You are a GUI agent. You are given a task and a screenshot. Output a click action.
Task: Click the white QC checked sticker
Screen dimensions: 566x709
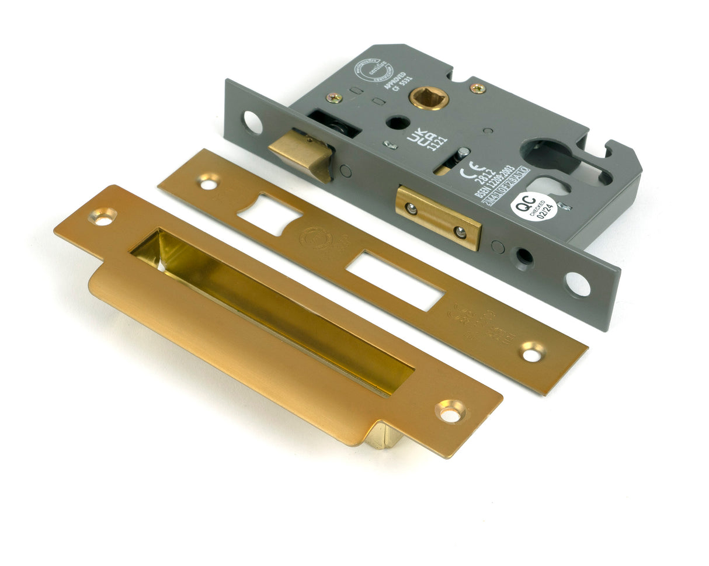click(x=533, y=206)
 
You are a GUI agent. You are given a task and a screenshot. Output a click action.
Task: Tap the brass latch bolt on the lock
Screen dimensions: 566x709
click(x=301, y=153)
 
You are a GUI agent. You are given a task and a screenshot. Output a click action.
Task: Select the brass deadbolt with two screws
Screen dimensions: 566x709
click(x=438, y=217)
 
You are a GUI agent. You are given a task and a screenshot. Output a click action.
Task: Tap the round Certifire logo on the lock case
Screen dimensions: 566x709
click(x=367, y=71)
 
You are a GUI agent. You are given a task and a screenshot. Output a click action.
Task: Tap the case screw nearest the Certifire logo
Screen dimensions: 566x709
click(x=334, y=98)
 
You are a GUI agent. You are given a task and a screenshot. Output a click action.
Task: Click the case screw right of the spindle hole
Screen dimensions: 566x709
click(x=477, y=88)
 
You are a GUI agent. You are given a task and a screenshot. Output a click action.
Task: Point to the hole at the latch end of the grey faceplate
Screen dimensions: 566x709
click(x=253, y=123)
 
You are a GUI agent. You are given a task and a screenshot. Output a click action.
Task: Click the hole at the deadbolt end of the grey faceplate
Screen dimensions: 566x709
click(x=577, y=284)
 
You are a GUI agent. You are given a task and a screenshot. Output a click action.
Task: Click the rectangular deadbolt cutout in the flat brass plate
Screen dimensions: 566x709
click(x=394, y=280)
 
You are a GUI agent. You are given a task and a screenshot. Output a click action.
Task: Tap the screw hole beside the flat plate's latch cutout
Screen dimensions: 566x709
click(x=208, y=183)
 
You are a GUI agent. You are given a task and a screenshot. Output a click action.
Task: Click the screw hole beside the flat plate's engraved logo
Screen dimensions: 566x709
click(x=532, y=353)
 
